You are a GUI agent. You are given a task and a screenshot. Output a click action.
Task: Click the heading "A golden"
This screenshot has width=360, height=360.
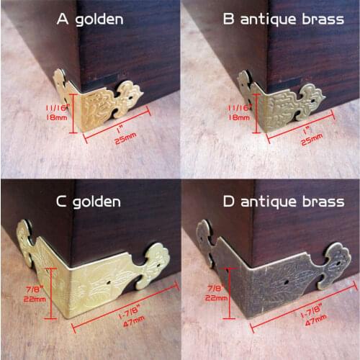90,19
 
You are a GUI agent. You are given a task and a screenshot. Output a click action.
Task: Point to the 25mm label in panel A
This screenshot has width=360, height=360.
126,141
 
